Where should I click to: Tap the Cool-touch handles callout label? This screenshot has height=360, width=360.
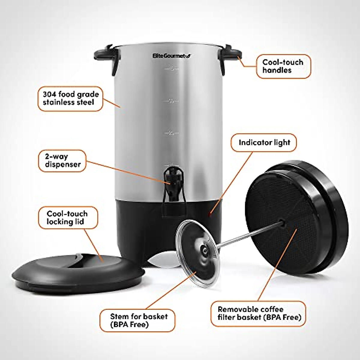283,66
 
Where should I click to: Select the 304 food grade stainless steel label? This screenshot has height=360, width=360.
70,98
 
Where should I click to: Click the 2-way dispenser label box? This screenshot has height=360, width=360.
62,160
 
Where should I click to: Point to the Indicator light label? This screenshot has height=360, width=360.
264,142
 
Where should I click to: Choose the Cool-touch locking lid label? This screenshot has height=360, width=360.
67,218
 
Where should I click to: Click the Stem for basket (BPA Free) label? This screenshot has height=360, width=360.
138,320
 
